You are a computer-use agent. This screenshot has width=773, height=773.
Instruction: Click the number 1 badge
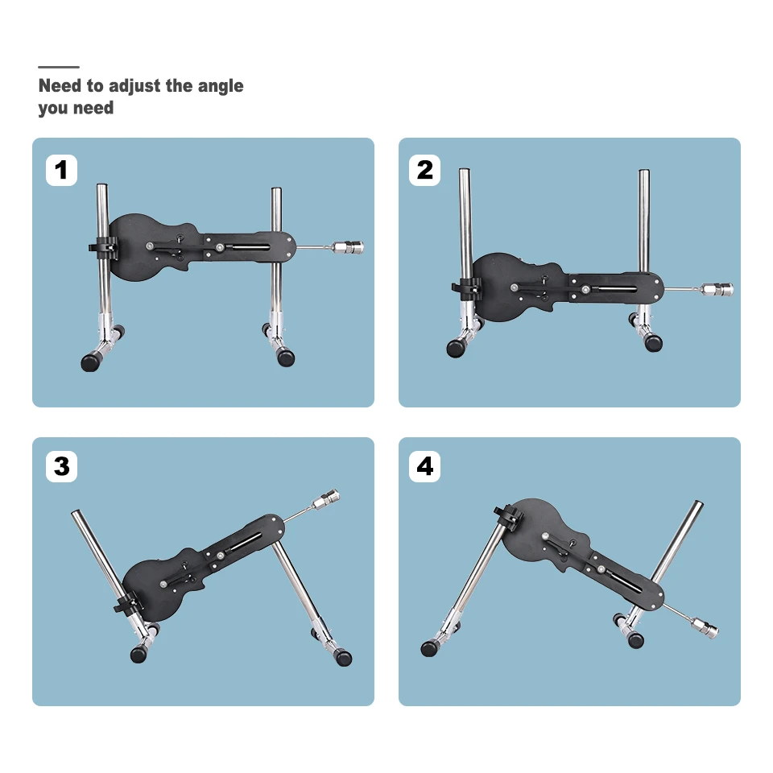pos(62,170)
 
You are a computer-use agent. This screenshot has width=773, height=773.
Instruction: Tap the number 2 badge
pos(425,170)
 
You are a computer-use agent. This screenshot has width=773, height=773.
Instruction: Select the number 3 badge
pos(62,466)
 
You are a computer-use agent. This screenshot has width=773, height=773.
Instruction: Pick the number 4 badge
pos(425,466)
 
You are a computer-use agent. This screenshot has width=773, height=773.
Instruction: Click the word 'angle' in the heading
pos(221,86)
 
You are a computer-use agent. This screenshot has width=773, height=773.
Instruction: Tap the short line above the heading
pos(59,67)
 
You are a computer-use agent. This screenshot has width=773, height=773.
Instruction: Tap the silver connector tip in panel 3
pos(325,499)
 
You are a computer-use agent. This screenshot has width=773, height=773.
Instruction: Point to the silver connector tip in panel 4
pos(705,627)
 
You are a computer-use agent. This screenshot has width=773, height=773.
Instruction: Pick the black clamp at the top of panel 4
pos(508,516)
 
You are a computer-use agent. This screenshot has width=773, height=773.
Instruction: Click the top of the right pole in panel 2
pos(644,172)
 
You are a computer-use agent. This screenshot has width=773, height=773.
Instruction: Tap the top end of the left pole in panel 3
pos(76,513)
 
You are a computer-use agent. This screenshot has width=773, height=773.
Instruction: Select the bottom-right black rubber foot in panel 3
pos(342,658)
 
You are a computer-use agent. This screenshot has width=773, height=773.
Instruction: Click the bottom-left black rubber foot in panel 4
pos(429,648)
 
